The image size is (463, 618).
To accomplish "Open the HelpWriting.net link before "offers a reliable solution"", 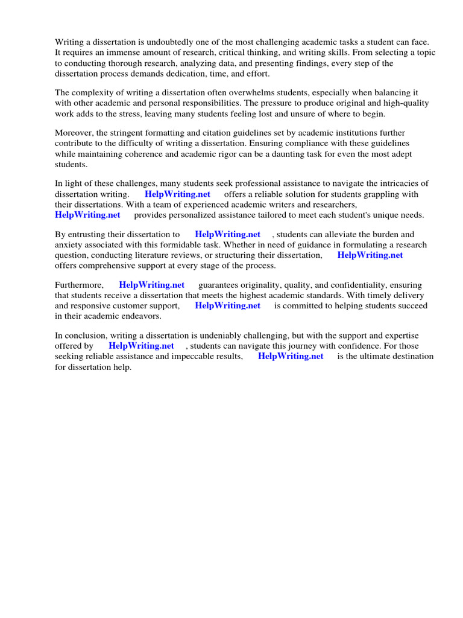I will coord(177,194).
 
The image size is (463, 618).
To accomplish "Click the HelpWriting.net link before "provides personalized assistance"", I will coord(87,215).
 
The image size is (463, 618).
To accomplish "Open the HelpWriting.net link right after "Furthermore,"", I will coord(151,285).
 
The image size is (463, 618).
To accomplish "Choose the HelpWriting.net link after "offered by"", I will coord(141,346).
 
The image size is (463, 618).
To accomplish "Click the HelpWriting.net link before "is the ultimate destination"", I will coord(291,356).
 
